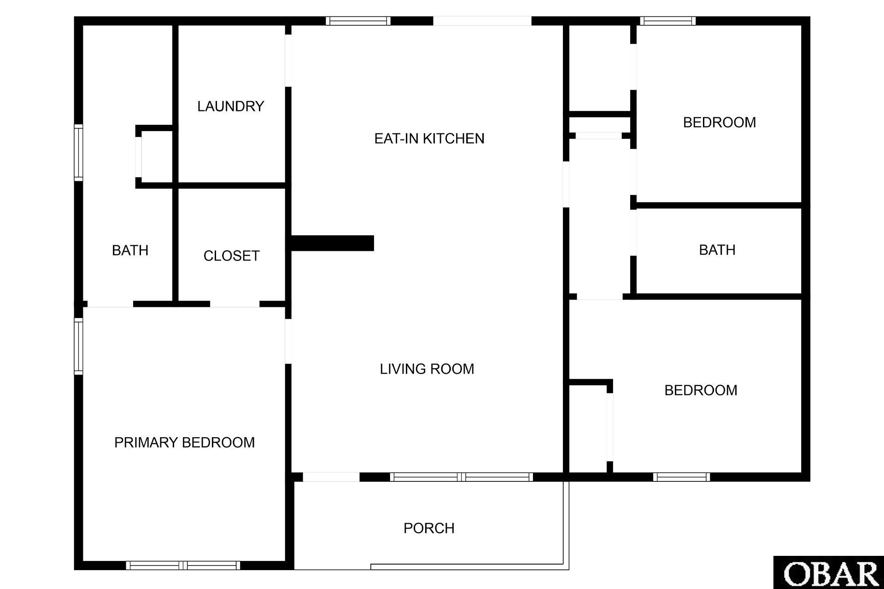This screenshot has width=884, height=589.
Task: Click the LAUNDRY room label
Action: pyautogui.click(x=231, y=106)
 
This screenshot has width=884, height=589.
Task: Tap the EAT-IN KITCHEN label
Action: pyautogui.click(x=429, y=139)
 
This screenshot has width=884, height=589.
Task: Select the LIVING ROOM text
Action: pyautogui.click(x=427, y=369)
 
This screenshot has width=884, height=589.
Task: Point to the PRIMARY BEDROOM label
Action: pyautogui.click(x=184, y=442)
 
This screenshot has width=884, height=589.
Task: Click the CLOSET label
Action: pyautogui.click(x=231, y=256)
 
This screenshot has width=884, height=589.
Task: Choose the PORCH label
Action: pyautogui.click(x=429, y=528)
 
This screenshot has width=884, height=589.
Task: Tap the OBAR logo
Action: pyautogui.click(x=829, y=572)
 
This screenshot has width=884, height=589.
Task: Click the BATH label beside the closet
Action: pyautogui.click(x=130, y=250)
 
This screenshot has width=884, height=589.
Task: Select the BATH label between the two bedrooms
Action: pyautogui.click(x=717, y=250)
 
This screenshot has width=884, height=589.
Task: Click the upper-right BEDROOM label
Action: pyautogui.click(x=720, y=122)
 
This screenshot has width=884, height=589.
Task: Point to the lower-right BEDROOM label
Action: pyautogui.click(x=701, y=390)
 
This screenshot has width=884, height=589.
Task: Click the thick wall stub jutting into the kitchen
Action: pyautogui.click(x=333, y=243)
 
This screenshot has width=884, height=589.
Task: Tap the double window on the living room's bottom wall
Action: pyautogui.click(x=462, y=477)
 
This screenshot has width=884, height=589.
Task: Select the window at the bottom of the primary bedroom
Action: pyautogui.click(x=183, y=566)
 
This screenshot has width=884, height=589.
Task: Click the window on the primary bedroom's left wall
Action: pyautogui.click(x=79, y=346)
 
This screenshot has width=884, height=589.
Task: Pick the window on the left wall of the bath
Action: pyautogui.click(x=79, y=152)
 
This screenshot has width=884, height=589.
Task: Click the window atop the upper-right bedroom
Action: pyautogui.click(x=667, y=21)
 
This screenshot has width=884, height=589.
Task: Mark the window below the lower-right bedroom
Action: pyautogui.click(x=681, y=477)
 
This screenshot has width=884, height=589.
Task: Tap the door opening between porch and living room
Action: pyautogui.click(x=331, y=477)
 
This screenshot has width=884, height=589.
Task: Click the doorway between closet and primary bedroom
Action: pyautogui.click(x=235, y=304)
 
